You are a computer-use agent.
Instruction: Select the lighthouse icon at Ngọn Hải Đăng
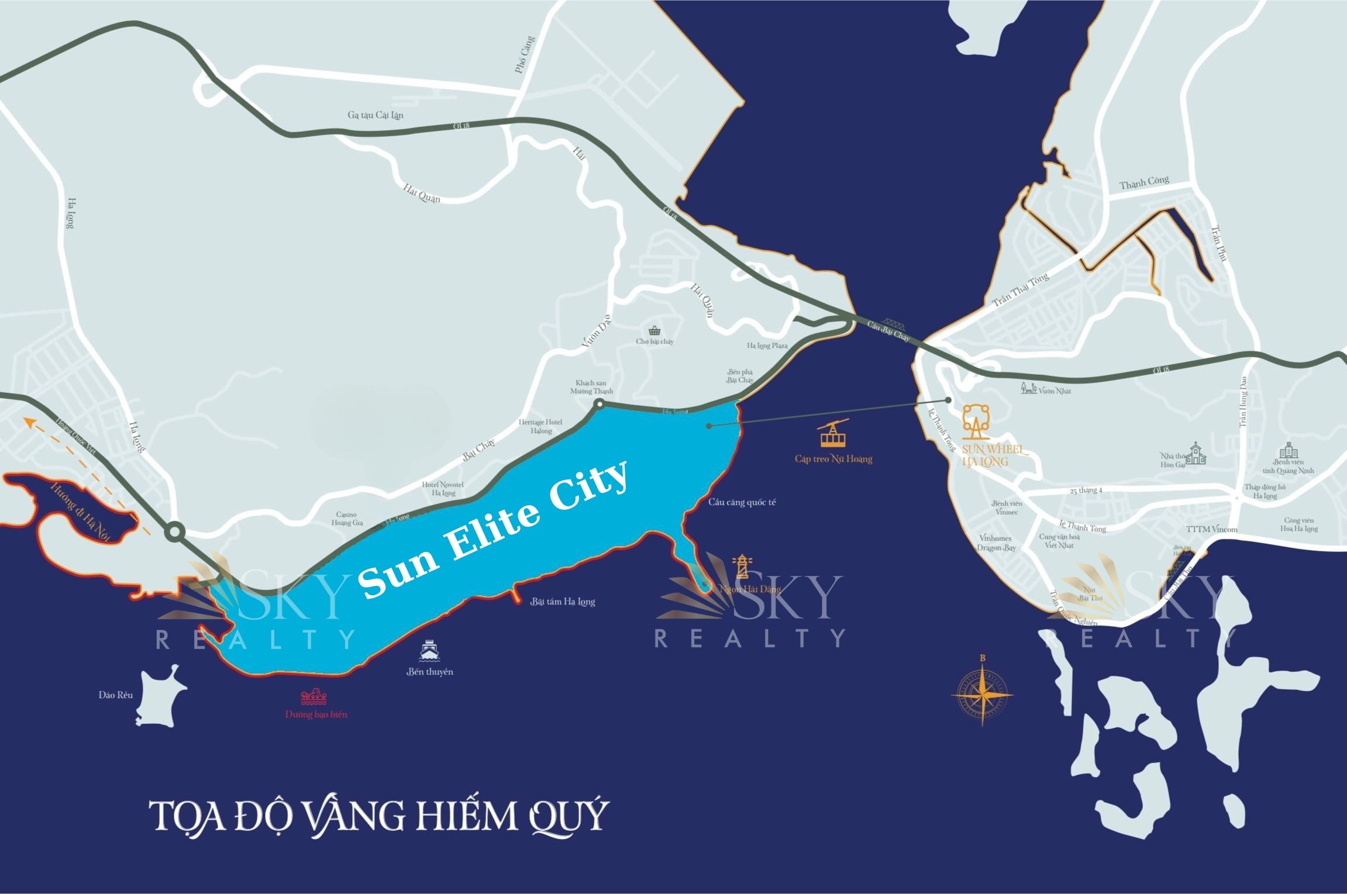(x=742, y=566)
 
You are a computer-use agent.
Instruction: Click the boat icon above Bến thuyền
(x=430, y=650)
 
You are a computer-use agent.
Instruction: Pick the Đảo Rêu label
(x=116, y=695)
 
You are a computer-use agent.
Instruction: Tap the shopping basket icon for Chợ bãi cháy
(x=654, y=330)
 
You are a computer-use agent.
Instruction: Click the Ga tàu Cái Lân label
(x=375, y=115)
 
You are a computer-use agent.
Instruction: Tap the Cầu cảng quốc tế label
(x=742, y=502)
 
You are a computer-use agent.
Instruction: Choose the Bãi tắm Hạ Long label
(x=563, y=602)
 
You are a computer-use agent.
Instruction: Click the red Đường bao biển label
(x=316, y=714)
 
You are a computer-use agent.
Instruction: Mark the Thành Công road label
(x=1144, y=182)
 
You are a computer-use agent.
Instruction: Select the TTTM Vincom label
(x=1212, y=529)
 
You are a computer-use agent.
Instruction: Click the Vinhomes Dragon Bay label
(x=996, y=543)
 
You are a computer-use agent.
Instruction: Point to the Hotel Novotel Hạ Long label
(x=443, y=489)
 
